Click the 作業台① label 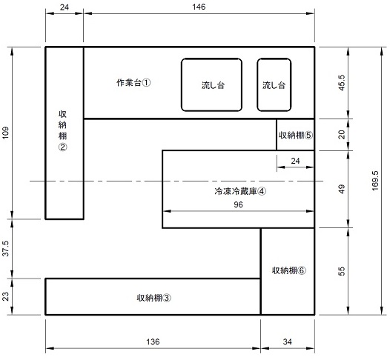133,83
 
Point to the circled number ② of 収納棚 62,147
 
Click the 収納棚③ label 154,298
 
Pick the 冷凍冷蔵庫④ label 240,191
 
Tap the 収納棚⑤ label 296,136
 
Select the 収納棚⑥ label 289,270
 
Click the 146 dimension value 199,7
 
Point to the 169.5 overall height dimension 375,181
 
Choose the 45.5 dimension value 343,83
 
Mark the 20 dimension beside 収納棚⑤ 343,134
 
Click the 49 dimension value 343,189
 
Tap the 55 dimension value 343,271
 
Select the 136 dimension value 153,341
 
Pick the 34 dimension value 287,341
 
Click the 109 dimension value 6,133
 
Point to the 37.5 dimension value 6,248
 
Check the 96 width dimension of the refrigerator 238,204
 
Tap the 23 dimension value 6,296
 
